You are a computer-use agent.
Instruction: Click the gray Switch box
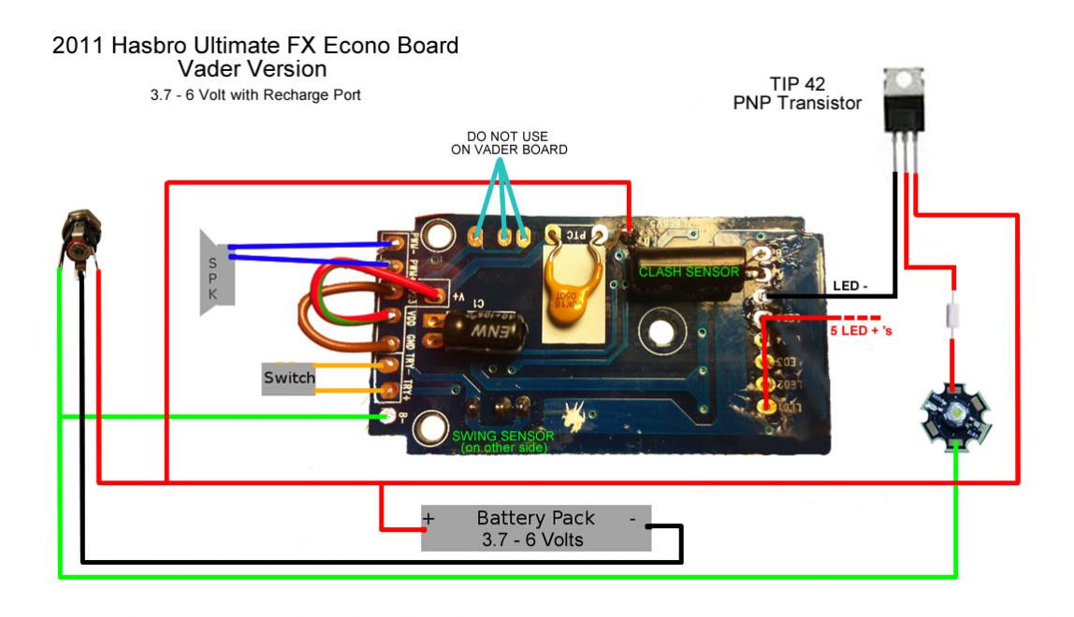click(x=287, y=379)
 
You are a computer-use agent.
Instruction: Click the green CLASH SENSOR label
click(x=689, y=272)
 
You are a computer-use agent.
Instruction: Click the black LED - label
click(x=850, y=285)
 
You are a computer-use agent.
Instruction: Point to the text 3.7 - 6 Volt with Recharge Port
click(x=255, y=95)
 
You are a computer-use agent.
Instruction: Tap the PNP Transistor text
click(x=797, y=103)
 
